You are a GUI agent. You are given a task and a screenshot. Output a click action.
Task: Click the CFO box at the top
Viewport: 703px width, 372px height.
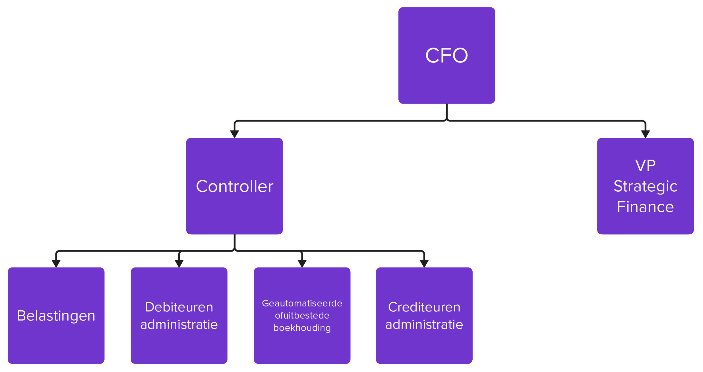(x=446, y=55)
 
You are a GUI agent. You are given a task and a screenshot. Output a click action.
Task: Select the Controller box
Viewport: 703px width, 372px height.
(x=234, y=186)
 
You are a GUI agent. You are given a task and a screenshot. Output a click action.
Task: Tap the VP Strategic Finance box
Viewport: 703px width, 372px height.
(x=645, y=186)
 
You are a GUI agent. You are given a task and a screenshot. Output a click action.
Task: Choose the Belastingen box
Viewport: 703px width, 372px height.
(x=56, y=315)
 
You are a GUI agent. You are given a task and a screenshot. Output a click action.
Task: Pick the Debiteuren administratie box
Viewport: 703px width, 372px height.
(x=179, y=315)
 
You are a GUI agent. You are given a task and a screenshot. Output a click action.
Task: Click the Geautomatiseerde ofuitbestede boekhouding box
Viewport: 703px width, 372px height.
(x=302, y=315)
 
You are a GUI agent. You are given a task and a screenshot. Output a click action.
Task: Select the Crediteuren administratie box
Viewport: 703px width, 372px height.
(x=424, y=315)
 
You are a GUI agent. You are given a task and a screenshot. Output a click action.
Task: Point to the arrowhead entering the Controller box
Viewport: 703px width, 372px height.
(x=234, y=134)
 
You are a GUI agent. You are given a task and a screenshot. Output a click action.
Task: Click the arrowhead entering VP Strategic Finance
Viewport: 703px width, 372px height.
(x=645, y=134)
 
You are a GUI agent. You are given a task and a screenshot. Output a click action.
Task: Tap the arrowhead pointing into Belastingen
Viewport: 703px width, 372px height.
(x=56, y=263)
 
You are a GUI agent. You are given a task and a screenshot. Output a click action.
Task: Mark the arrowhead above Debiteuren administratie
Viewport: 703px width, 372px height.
(x=179, y=263)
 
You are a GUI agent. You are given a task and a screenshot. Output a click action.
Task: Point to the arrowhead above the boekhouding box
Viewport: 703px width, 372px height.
(x=302, y=263)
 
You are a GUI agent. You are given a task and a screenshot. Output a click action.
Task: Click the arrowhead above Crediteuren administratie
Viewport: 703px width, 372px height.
(x=424, y=263)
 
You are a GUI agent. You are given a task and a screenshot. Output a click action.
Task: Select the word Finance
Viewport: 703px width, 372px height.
(x=645, y=207)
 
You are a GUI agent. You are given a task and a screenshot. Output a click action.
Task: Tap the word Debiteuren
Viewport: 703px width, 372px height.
(x=179, y=307)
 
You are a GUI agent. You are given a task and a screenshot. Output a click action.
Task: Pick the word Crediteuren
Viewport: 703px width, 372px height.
(x=424, y=307)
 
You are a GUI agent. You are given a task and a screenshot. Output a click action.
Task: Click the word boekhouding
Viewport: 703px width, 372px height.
(x=302, y=328)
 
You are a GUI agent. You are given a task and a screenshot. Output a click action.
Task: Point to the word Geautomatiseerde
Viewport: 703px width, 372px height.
(x=302, y=303)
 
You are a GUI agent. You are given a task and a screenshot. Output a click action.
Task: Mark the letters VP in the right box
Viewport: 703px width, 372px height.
(x=645, y=166)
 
